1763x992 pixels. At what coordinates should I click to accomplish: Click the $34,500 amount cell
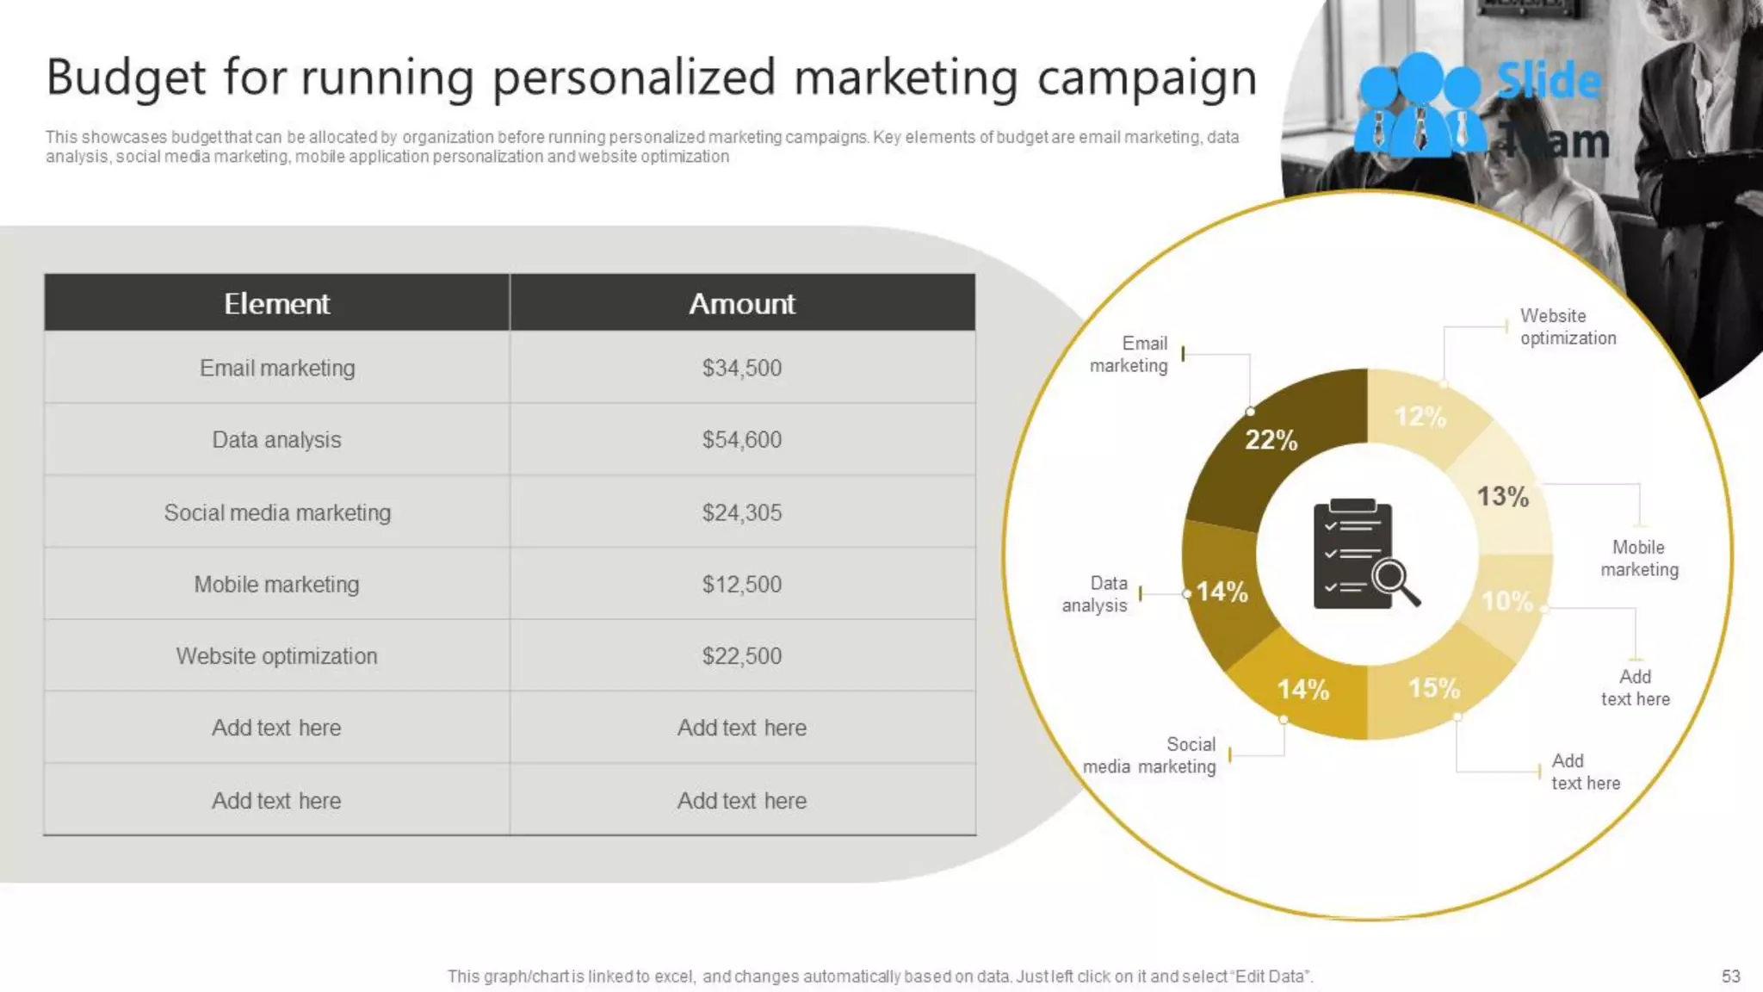pos(741,368)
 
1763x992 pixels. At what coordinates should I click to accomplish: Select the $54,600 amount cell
pos(741,439)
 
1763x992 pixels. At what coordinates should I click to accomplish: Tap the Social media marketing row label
pos(277,512)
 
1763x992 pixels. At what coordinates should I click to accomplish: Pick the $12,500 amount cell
pos(741,584)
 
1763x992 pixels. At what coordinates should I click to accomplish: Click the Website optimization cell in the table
pos(277,656)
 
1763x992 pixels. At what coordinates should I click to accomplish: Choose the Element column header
pos(276,303)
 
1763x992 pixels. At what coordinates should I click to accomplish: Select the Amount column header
pos(741,303)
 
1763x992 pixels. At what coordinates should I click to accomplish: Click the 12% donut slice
pos(1420,417)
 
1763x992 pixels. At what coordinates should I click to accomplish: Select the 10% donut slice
pos(1507,601)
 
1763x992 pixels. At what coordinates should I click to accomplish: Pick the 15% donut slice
pos(1434,688)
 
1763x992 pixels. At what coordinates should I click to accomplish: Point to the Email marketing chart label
pos(1129,355)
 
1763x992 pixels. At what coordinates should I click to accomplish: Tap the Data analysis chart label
pos(1095,594)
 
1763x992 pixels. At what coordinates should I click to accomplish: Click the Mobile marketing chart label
pos(1639,558)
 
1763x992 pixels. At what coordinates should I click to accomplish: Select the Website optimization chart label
pos(1568,327)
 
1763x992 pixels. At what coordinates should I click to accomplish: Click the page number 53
pos(1730,976)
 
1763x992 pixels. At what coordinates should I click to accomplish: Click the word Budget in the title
pos(126,77)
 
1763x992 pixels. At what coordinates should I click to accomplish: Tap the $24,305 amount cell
pos(741,512)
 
